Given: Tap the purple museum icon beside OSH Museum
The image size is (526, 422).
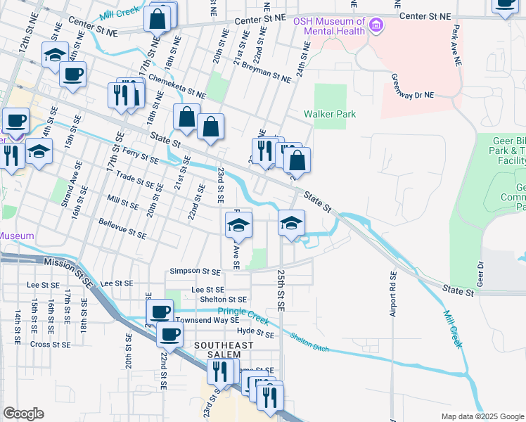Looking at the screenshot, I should pyautogui.click(x=377, y=27).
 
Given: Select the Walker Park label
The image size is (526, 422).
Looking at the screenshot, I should pyautogui.click(x=330, y=114).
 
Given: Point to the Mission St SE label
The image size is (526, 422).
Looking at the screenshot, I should pyautogui.click(x=69, y=271).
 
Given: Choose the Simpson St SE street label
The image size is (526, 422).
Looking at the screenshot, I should pyautogui.click(x=195, y=271).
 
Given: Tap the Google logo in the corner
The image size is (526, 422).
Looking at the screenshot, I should pyautogui.click(x=23, y=414).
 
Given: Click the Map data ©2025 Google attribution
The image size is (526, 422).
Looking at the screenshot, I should pyautogui.click(x=482, y=416).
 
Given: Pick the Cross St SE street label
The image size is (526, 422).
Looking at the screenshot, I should pyautogui.click(x=50, y=345).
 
